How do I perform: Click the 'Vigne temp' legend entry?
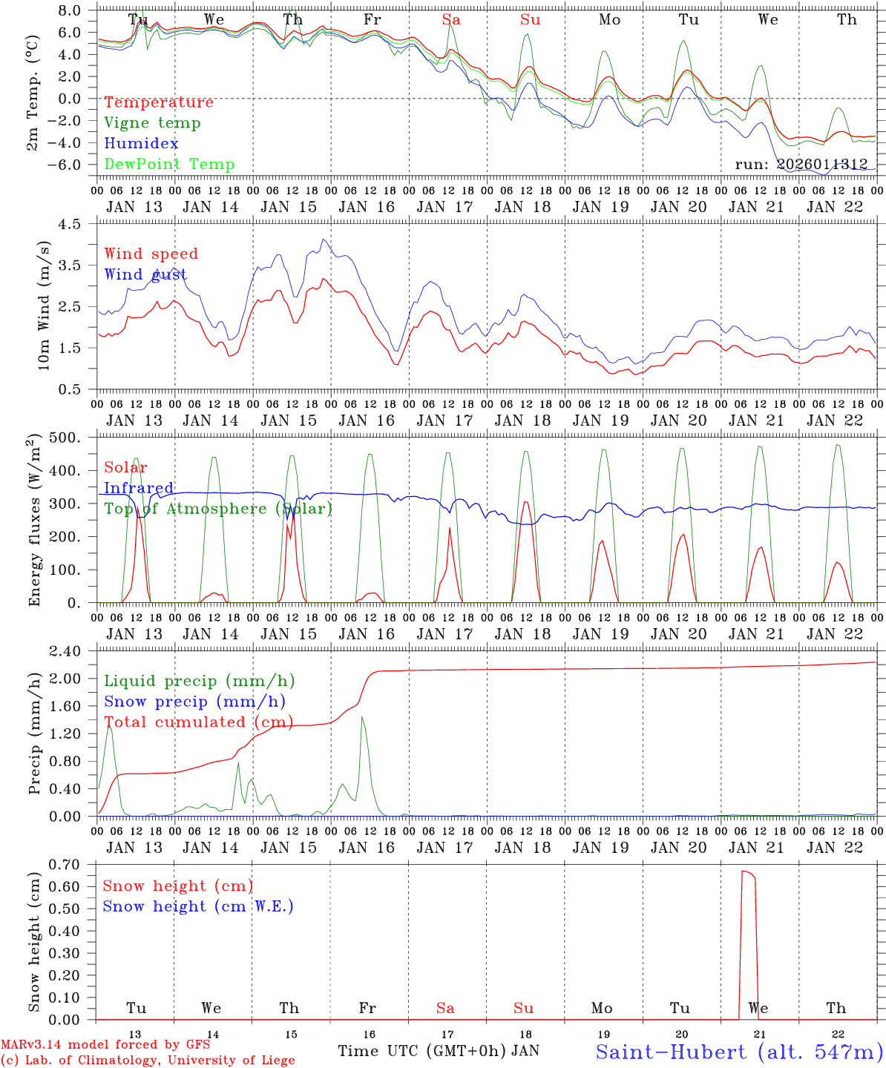coord(152,123)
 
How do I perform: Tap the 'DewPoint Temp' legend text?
coord(169,165)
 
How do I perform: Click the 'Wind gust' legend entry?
coord(145,274)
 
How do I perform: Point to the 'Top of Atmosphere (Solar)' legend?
coord(218,509)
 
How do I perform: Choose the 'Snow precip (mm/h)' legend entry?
coord(194,702)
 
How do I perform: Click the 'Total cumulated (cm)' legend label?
coord(198,722)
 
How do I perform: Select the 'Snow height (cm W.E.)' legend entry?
coord(198,906)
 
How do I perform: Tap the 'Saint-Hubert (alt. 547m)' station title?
coord(739,1052)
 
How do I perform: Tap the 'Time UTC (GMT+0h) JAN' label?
coord(439,1051)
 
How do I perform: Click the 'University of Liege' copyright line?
coord(148,1061)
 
